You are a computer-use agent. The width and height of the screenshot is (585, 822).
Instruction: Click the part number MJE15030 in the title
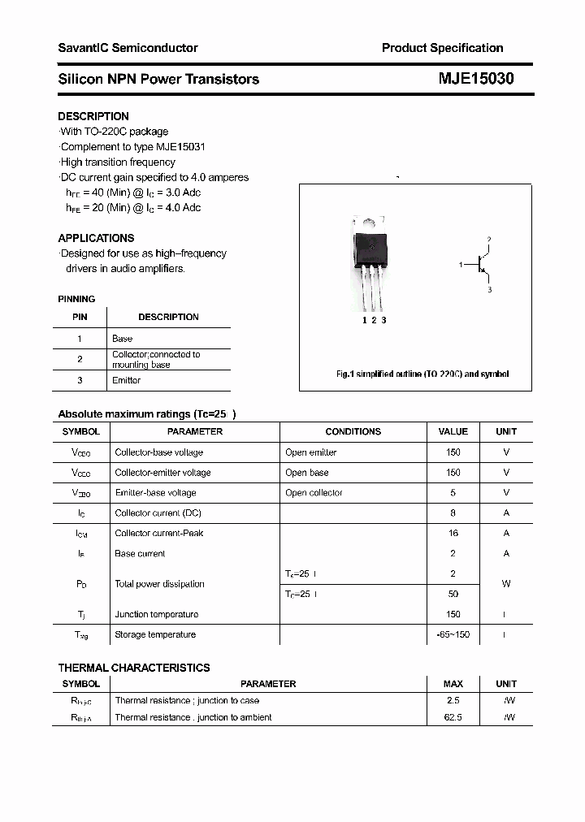tap(477, 79)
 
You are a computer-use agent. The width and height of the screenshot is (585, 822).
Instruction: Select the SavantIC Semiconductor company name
tap(128, 48)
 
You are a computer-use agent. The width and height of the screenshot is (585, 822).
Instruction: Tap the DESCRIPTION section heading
tap(93, 116)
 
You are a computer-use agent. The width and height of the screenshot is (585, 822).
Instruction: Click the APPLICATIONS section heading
tap(96, 238)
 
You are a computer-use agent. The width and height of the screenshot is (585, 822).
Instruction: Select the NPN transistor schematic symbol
tap(482, 265)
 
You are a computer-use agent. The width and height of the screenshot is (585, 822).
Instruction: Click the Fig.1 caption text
tap(422, 374)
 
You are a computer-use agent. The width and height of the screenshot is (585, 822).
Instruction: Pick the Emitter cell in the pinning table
tap(126, 380)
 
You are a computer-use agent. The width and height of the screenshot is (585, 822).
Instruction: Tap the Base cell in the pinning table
tap(122, 339)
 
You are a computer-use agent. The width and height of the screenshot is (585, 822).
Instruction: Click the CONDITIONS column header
tap(353, 431)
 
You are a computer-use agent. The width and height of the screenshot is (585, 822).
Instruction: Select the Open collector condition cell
tap(314, 493)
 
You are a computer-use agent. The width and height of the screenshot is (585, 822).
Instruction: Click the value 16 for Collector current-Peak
tap(453, 534)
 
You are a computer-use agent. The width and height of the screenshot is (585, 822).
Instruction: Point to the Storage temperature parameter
tap(155, 635)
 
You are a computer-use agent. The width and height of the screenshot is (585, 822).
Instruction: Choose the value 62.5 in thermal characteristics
tap(453, 717)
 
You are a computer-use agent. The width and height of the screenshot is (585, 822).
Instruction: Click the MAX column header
tap(453, 684)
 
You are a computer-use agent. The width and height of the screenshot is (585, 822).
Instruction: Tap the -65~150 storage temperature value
tap(453, 635)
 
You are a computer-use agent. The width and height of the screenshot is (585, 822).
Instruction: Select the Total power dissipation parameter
tap(159, 584)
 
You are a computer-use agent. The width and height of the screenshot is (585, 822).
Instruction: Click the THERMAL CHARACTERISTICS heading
tap(134, 668)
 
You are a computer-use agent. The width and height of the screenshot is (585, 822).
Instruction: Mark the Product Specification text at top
tap(442, 48)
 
